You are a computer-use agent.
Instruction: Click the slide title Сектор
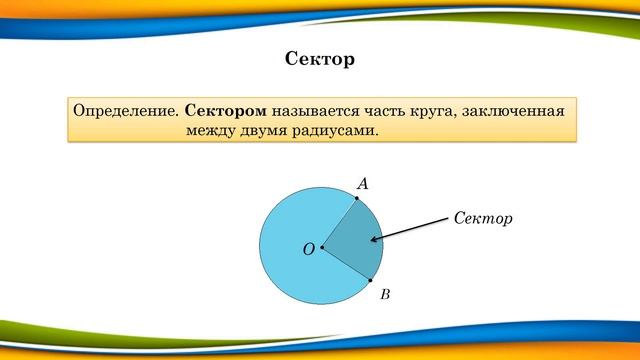pos(320,60)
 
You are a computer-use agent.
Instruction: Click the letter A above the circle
pos(363,184)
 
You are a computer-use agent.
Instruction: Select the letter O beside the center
pos(308,248)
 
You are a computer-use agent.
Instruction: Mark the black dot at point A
pos(357,199)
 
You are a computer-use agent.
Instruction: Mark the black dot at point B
pos(370,280)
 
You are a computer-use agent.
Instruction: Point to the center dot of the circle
pos(322,247)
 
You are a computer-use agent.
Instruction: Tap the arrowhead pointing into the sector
pos(374,239)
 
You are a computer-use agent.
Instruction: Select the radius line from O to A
pos(340,223)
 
